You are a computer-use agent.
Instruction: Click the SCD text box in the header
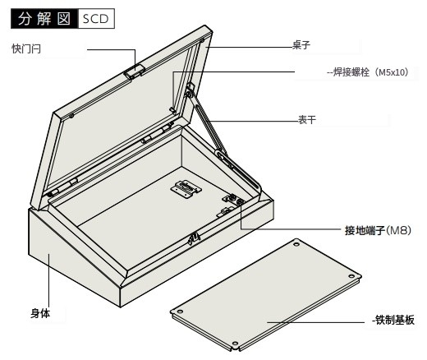pos(96,19)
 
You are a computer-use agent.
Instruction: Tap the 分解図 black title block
pos(44,19)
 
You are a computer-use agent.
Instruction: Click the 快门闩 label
pos(26,49)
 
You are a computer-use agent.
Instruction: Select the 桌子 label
pos(301,45)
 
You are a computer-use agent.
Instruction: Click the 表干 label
pos(307,120)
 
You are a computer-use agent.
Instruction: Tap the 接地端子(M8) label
pos(378,230)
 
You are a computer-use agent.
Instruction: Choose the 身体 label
pos(40,313)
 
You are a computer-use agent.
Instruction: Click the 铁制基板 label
pos(394,320)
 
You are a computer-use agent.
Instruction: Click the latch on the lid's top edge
pos(134,72)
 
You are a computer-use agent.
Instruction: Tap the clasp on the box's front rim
pos(194,238)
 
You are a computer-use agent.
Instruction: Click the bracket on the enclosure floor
pos(186,188)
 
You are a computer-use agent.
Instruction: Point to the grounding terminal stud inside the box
pos(240,202)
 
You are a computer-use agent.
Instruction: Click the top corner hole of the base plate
pos(296,244)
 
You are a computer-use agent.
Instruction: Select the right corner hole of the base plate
pos(351,276)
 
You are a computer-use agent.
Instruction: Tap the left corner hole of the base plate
pos(180,312)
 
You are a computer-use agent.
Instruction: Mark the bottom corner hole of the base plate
pos(235,344)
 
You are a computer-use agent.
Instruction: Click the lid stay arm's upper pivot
pos(189,94)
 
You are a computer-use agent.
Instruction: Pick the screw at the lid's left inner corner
pos(71,116)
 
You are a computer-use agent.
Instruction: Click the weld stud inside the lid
pos(172,110)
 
